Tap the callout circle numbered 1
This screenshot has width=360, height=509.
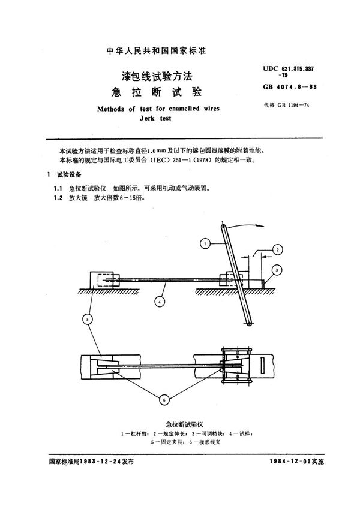tap(205, 243)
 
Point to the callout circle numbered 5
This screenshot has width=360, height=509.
tap(89, 320)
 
